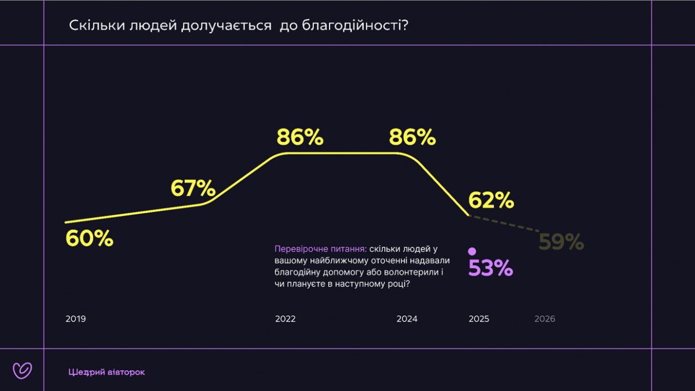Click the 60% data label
(89, 238)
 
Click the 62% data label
(491, 200)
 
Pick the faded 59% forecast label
(561, 242)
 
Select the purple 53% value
(491, 268)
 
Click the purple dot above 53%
(472, 251)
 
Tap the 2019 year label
(75, 319)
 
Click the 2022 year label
(286, 319)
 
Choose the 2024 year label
(407, 319)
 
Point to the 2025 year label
(479, 319)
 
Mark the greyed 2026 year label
(544, 319)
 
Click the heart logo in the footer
(22, 370)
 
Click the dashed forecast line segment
(504, 223)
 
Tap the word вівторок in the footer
(126, 372)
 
